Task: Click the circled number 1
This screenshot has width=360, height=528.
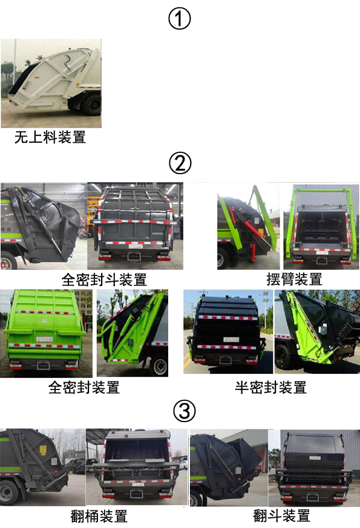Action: (x=180, y=19)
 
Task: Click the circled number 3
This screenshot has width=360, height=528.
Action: (x=184, y=411)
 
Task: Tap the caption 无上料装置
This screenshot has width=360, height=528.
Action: (x=50, y=137)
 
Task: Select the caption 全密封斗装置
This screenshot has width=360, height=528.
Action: (x=104, y=279)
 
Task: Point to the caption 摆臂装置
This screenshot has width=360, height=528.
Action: (x=294, y=279)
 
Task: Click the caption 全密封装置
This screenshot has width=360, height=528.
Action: (x=84, y=387)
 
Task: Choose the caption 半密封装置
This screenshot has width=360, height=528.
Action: (x=271, y=387)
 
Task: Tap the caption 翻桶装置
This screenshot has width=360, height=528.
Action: (x=99, y=516)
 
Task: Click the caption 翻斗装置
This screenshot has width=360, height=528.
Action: (x=281, y=515)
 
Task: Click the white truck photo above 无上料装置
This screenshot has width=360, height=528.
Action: (x=51, y=83)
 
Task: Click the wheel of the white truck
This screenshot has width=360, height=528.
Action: (x=91, y=105)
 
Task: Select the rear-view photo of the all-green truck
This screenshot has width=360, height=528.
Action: (x=46, y=333)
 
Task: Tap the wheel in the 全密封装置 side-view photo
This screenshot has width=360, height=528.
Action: (x=159, y=366)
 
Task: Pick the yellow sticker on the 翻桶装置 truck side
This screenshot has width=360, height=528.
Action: (x=43, y=450)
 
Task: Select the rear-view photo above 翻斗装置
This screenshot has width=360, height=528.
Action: (x=314, y=468)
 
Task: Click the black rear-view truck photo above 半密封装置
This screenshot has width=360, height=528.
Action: (x=228, y=331)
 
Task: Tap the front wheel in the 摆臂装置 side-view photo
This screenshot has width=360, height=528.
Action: (x=221, y=259)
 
